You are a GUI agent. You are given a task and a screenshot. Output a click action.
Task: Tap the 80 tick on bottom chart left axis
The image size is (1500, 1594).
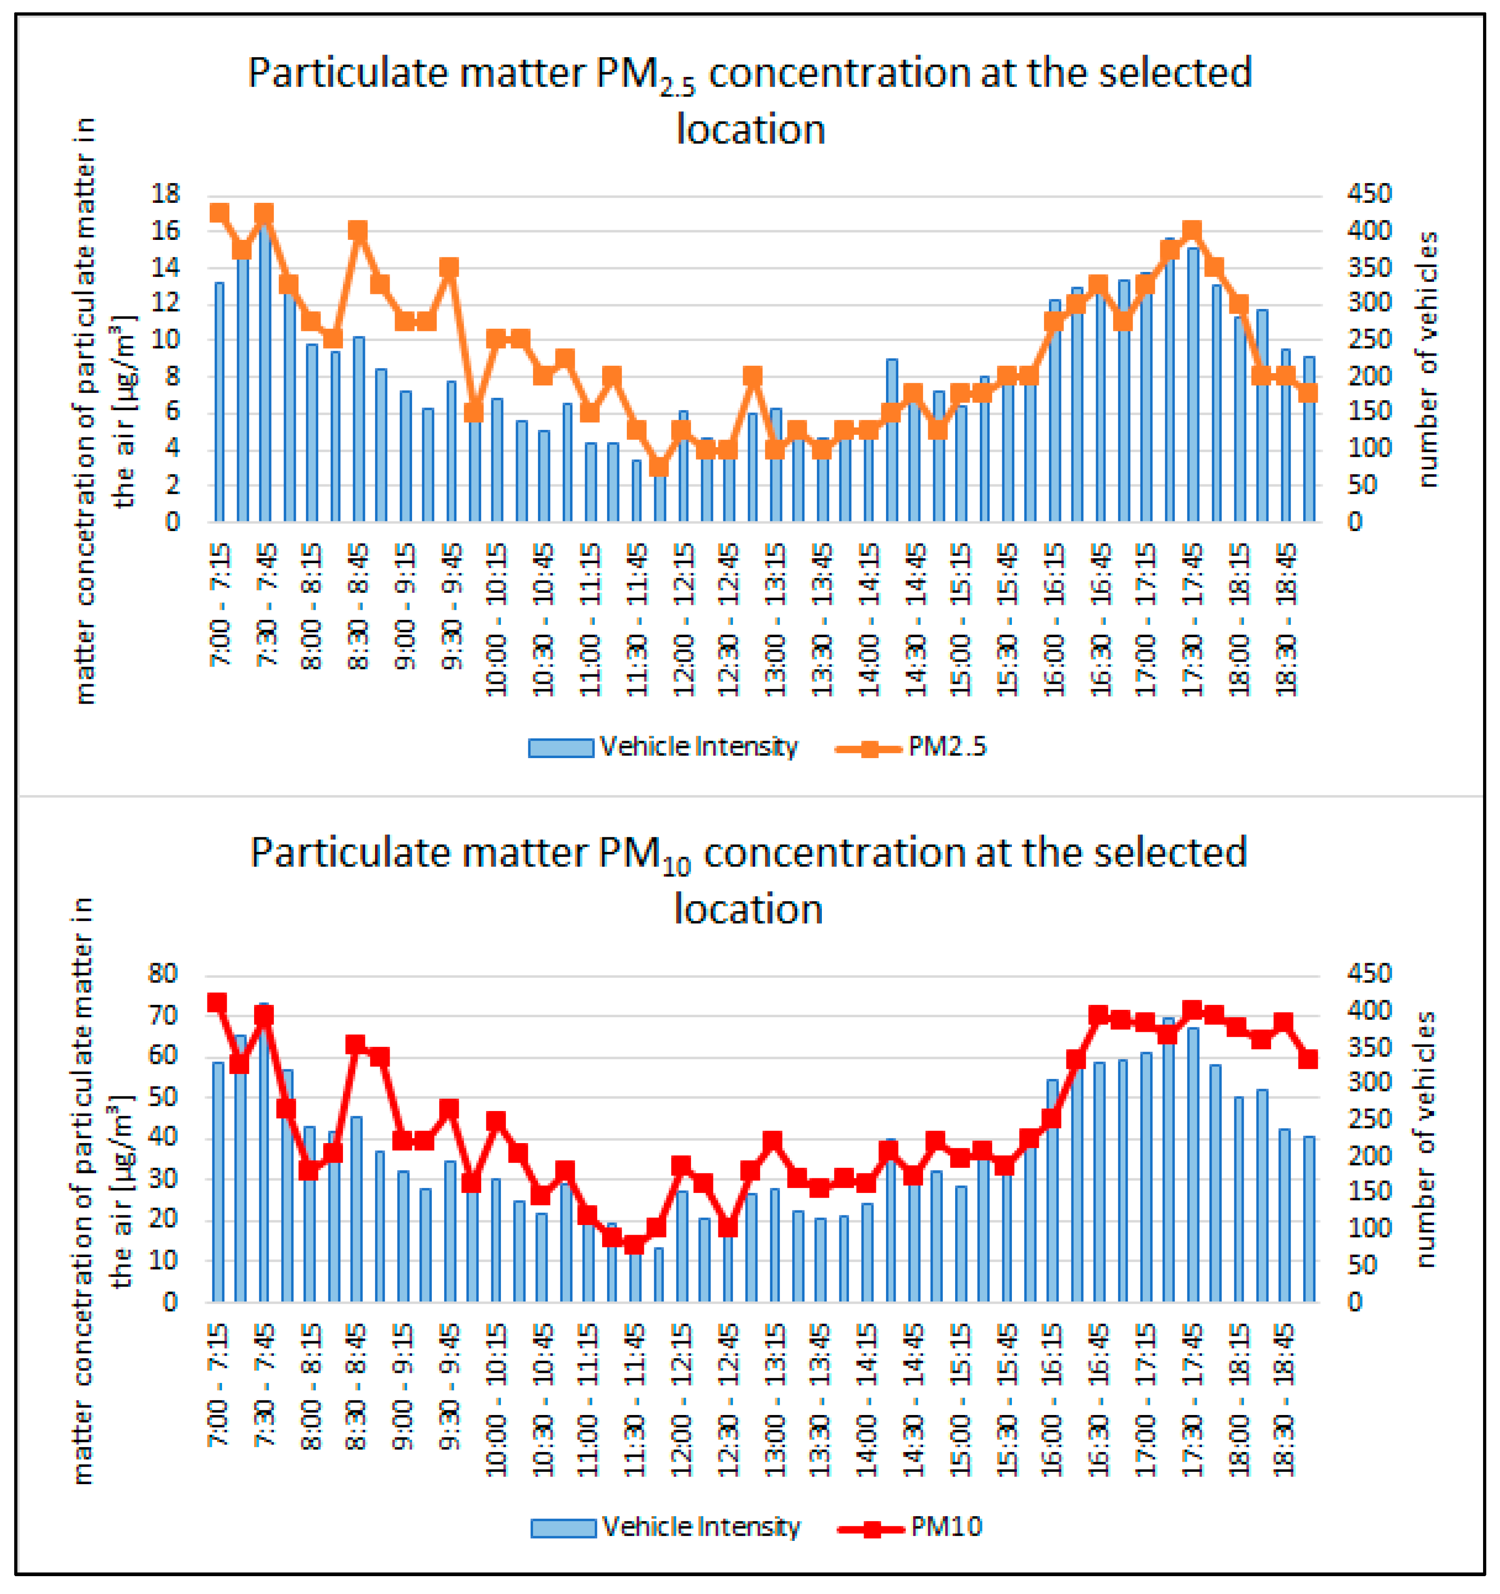point(163,974)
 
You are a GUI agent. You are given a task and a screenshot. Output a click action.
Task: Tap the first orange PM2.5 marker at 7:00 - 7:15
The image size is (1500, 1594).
point(219,212)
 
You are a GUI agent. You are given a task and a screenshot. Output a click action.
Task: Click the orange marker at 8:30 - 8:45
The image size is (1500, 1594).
point(358,231)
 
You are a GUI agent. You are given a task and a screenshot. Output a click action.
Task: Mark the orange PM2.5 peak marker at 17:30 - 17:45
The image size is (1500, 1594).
point(1192,231)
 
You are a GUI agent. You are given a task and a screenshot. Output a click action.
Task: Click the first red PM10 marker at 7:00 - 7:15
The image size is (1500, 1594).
point(217,1003)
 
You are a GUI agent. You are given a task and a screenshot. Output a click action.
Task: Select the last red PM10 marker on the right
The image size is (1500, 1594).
point(1308,1059)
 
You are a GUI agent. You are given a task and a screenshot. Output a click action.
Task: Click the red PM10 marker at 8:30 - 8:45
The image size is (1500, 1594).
point(356,1044)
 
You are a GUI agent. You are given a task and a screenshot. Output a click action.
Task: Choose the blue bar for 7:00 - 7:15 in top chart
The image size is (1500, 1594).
point(219,401)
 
